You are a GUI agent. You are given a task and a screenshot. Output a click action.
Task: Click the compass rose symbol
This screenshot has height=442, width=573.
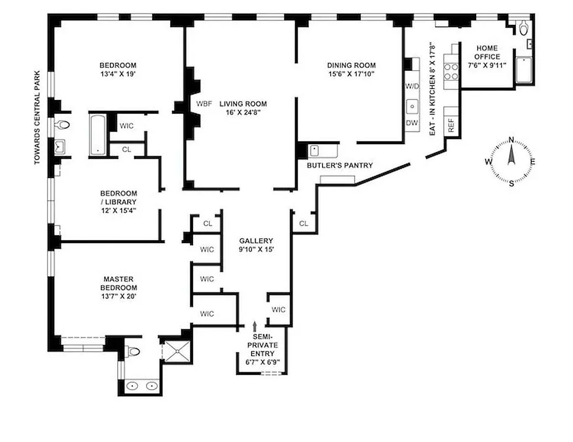[511, 161]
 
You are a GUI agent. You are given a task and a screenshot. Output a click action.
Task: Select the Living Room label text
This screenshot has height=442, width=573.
[243, 104]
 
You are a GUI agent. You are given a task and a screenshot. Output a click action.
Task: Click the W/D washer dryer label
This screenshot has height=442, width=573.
[412, 87]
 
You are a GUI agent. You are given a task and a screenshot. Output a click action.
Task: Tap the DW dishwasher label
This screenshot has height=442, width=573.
[412, 123]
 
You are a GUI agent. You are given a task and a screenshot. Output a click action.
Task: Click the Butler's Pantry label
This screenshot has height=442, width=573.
[340, 165]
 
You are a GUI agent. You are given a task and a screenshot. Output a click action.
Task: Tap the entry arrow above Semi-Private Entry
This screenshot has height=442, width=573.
[254, 327]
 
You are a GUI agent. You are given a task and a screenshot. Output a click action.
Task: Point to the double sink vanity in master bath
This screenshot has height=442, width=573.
[140, 386]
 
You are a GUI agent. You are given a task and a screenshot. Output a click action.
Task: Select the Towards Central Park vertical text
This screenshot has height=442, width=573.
[38, 117]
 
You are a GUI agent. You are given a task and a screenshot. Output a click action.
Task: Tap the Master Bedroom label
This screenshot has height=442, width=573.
[118, 283]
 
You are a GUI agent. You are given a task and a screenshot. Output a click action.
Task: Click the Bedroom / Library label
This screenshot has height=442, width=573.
[118, 197]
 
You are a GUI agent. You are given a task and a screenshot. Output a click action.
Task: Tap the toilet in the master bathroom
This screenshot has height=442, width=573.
[132, 351]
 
